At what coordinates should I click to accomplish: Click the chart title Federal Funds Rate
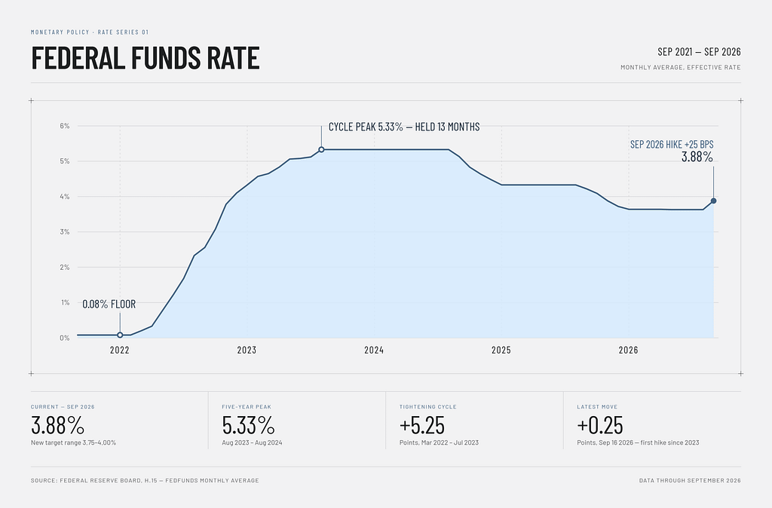click(x=146, y=57)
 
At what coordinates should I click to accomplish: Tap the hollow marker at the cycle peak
click(x=321, y=150)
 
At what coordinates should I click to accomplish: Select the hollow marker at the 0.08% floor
click(x=120, y=335)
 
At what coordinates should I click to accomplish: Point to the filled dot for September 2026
click(x=713, y=200)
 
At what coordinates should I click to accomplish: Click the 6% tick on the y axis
click(x=65, y=126)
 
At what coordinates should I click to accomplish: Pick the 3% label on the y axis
click(x=65, y=232)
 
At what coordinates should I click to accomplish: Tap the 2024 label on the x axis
click(x=374, y=350)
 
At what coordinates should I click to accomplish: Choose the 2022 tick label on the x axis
click(x=120, y=350)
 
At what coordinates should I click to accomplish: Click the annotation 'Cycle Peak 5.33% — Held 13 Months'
click(x=404, y=127)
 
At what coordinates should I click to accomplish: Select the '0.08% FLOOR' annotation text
click(x=109, y=304)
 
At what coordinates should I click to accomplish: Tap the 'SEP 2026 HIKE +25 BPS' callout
click(x=672, y=144)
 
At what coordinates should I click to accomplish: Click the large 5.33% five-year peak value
click(x=248, y=425)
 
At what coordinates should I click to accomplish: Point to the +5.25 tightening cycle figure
click(x=422, y=425)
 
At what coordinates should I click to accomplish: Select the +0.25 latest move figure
click(x=599, y=425)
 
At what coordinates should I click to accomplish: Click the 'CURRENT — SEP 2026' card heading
click(x=63, y=406)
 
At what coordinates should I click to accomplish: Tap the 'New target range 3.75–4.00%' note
click(x=73, y=442)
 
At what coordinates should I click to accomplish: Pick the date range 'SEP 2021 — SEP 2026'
click(x=699, y=52)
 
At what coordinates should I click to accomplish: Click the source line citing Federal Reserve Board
click(x=145, y=480)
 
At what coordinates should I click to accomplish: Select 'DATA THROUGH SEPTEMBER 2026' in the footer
click(x=690, y=480)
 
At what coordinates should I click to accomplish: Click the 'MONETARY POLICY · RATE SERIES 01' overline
click(x=90, y=32)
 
